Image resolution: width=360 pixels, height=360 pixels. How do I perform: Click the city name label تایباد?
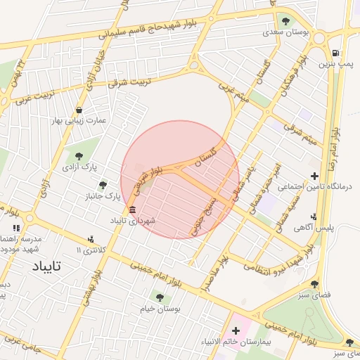[x=48, y=266]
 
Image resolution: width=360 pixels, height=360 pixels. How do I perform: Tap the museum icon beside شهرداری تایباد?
[x=133, y=210]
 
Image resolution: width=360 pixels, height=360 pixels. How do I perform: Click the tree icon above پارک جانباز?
[x=103, y=185]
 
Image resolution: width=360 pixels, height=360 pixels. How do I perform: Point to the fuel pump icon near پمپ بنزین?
[x=336, y=53]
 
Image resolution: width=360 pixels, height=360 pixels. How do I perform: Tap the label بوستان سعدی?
[x=282, y=32]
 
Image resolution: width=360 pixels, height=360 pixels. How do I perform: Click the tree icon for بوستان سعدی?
[x=285, y=20]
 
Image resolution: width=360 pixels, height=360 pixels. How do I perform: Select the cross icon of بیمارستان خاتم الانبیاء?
[x=235, y=330]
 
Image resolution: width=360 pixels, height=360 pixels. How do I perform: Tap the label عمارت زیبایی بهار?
[x=77, y=120]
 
